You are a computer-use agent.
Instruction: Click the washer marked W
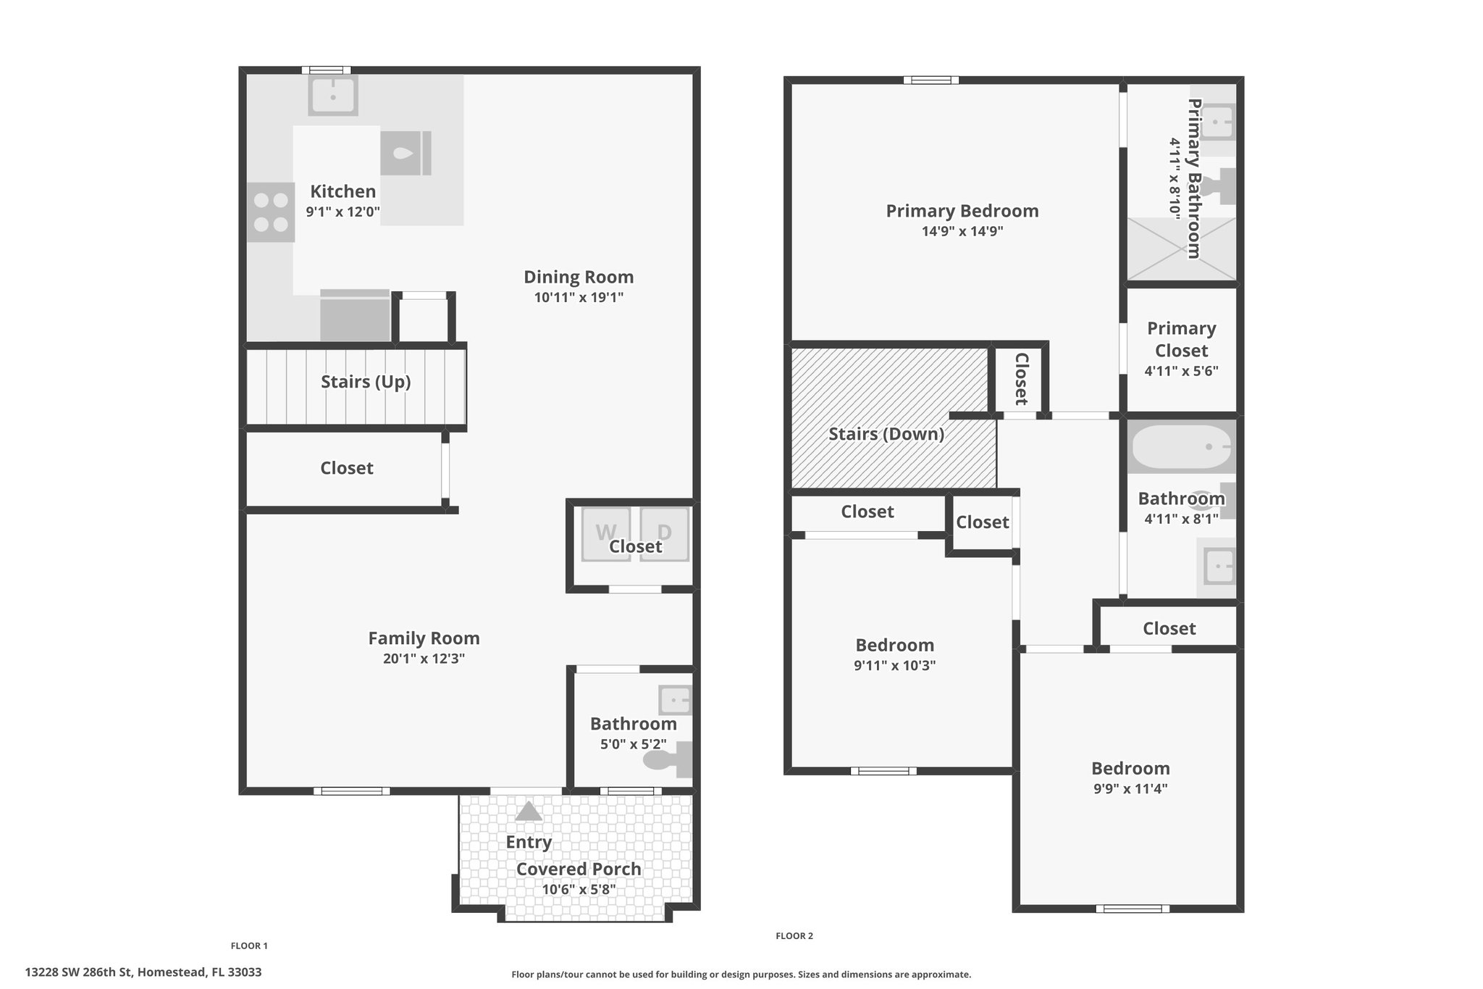pos(606,534)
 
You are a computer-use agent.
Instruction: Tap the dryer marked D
pos(664,534)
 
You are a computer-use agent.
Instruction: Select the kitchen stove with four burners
pos(271,212)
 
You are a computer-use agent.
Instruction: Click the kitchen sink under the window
pos(333,96)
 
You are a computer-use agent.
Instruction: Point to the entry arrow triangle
pos(529,811)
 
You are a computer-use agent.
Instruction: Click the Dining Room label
pos(579,277)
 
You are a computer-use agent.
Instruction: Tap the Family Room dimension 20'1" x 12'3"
pos(424,659)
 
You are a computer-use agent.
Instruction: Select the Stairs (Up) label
pos(366,382)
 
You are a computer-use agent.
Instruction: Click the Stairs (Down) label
pos(886,434)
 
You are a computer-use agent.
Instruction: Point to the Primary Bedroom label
pos(962,211)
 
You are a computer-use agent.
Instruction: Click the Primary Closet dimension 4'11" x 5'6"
pos(1181,371)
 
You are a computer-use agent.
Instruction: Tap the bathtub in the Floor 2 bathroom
pos(1182,447)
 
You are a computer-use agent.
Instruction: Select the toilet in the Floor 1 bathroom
pos(668,760)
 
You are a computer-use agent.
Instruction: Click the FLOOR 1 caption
pos(249,946)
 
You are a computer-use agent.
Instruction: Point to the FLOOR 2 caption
pos(794,935)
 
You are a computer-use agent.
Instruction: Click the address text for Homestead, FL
pos(143,972)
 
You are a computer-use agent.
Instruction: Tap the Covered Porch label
pos(579,869)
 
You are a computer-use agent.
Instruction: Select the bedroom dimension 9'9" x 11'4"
pos(1130,789)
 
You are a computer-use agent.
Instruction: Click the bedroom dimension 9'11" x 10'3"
pos(895,665)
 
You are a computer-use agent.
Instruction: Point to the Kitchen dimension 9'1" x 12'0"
pos(343,212)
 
